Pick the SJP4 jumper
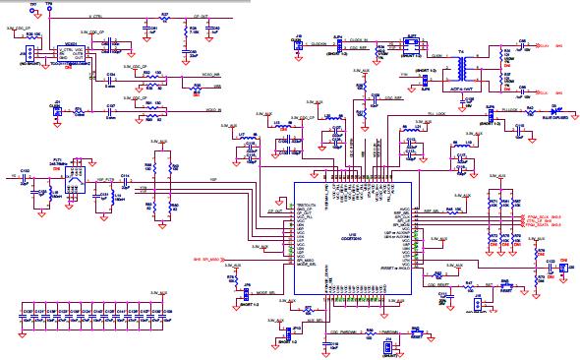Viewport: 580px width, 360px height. pyautogui.click(x=335, y=45)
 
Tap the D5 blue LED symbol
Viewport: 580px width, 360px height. pyautogui.click(x=555, y=111)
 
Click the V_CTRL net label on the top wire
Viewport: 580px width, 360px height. pyautogui.click(x=97, y=18)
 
